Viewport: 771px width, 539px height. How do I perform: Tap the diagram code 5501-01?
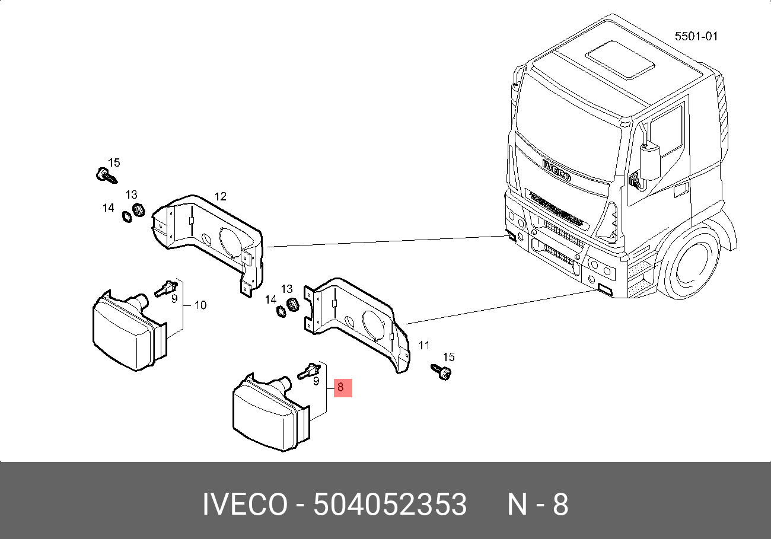[696, 36]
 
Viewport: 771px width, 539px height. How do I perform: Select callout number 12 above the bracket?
[220, 196]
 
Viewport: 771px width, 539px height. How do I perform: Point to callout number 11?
[423, 345]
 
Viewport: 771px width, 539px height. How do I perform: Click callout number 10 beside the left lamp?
[200, 305]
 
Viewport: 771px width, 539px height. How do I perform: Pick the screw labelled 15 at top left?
[106, 176]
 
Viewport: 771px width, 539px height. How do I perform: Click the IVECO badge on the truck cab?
[556, 170]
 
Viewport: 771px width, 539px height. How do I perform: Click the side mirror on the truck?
[650, 162]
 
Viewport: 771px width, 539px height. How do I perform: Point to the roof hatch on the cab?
[620, 60]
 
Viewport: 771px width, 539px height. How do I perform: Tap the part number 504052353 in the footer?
[390, 505]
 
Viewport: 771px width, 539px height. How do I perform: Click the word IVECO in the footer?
[245, 505]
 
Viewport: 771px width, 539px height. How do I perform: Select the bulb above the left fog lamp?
[166, 288]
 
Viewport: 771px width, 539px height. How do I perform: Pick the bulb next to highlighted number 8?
[309, 371]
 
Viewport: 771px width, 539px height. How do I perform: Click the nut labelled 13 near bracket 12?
[139, 210]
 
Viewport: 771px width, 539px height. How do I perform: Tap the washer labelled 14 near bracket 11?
[281, 312]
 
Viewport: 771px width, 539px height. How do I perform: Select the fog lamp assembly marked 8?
[271, 412]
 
